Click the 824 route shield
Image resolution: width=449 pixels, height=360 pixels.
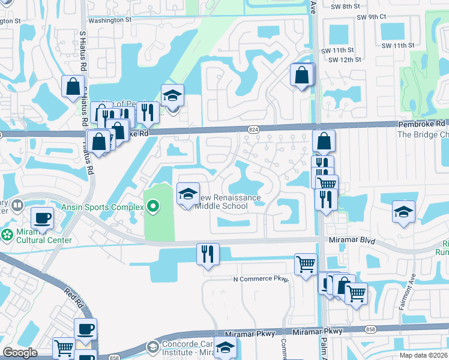point(253,129)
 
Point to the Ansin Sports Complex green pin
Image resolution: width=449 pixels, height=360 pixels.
point(153,208)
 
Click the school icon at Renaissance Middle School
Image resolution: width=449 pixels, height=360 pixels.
point(188,194)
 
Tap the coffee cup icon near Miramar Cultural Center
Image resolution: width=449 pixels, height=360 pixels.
point(42,218)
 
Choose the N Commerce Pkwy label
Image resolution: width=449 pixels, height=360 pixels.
point(261,280)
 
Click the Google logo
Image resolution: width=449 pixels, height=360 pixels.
point(20,353)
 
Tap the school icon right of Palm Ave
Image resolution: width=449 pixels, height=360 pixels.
point(403,211)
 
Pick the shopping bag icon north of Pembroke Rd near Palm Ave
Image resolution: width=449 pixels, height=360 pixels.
point(301,75)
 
